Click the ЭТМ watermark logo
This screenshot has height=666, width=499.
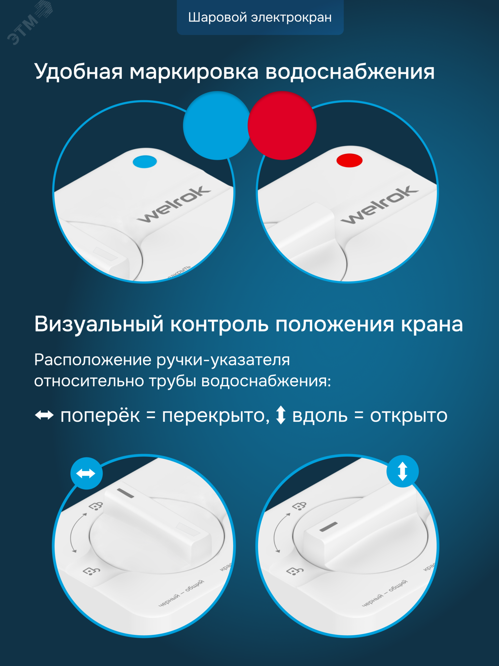(x=28, y=23)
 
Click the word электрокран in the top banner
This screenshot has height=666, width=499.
(x=291, y=18)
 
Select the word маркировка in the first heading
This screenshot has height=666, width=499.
(x=194, y=72)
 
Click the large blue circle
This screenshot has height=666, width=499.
(x=217, y=126)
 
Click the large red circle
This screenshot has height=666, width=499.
(x=282, y=126)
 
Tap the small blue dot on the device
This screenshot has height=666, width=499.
(x=145, y=162)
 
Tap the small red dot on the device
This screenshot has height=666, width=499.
(x=349, y=161)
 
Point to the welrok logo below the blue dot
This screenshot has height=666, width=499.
(x=174, y=204)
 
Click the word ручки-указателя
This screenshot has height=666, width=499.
(x=223, y=360)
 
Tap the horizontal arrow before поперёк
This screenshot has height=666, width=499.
(x=44, y=415)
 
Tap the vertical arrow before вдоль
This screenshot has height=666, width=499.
(x=281, y=415)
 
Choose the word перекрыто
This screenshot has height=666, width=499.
(x=216, y=416)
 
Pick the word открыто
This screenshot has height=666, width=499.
(x=409, y=416)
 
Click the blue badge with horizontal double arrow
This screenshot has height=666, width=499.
(x=86, y=473)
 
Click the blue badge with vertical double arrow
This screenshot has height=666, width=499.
(x=402, y=471)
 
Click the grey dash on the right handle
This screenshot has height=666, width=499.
(x=329, y=527)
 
